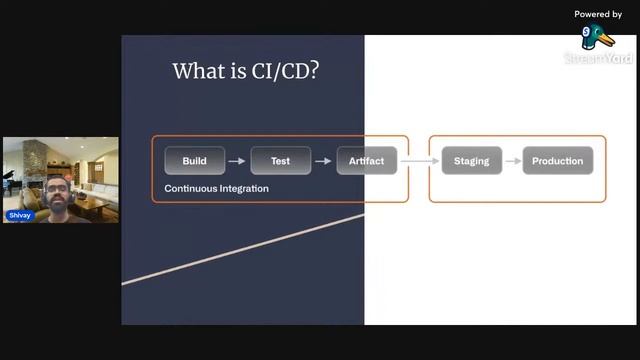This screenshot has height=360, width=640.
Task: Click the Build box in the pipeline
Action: pyautogui.click(x=195, y=161)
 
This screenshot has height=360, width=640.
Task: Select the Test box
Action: pyautogui.click(x=280, y=161)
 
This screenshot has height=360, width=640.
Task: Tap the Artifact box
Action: pyautogui.click(x=366, y=161)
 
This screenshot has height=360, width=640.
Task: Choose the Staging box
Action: pyautogui.click(x=471, y=161)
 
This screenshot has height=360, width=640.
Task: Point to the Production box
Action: pyautogui.click(x=557, y=161)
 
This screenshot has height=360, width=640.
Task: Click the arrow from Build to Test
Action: pyautogui.click(x=237, y=161)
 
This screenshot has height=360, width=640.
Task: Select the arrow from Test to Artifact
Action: pyautogui.click(x=323, y=161)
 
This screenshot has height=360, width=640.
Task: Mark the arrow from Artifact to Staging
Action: pyautogui.click(x=420, y=161)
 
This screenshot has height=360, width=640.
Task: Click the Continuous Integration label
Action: pyautogui.click(x=216, y=188)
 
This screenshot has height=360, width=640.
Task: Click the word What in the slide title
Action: pyautogui.click(x=196, y=71)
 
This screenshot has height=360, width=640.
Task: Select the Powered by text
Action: pyautogui.click(x=598, y=14)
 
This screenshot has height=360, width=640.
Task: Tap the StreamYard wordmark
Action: pyautogui.click(x=598, y=59)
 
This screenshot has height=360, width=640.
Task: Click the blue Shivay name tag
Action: pyautogui.click(x=19, y=215)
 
